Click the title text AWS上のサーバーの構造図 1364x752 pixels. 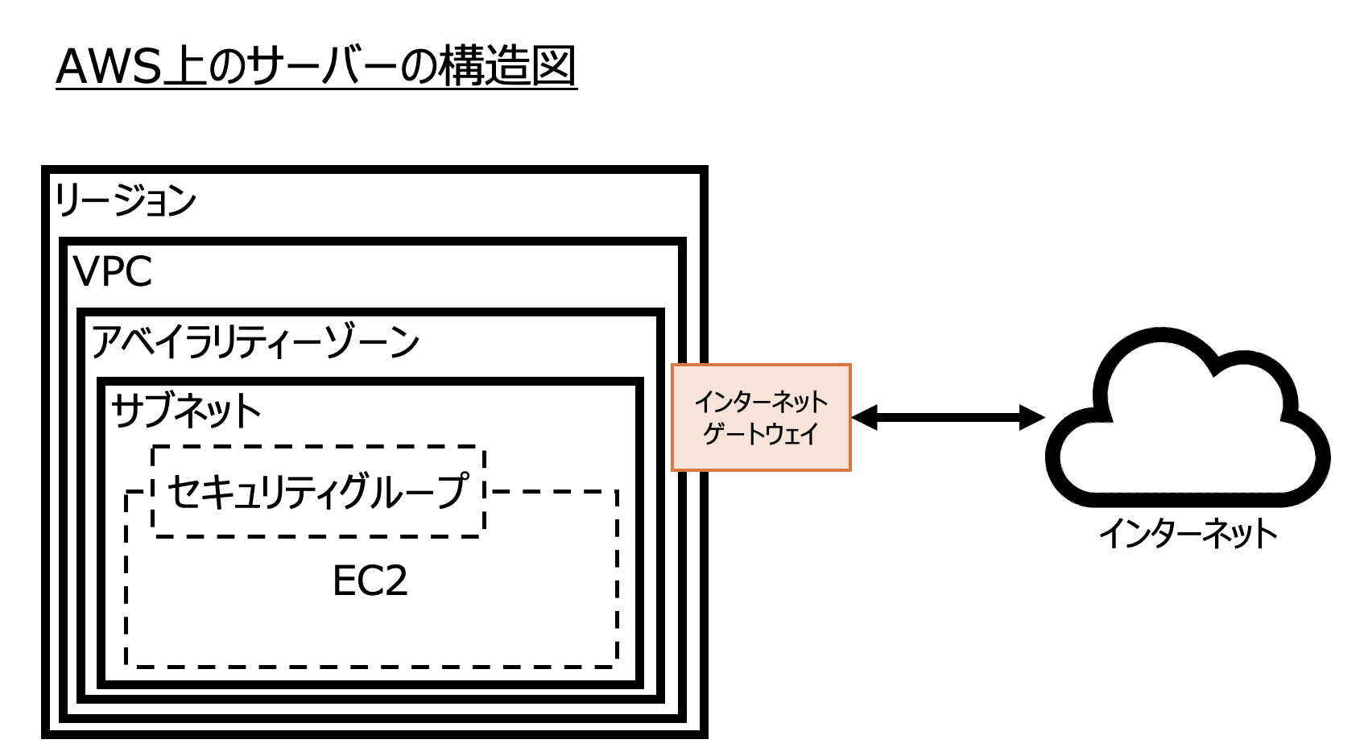tap(316, 67)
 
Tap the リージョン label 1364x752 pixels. tap(126, 200)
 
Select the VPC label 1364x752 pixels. tap(113, 271)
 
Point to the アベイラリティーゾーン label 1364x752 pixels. tap(254, 341)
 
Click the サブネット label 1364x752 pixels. tap(186, 411)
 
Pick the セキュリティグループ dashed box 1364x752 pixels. tap(318, 490)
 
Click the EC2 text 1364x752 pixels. tap(370, 581)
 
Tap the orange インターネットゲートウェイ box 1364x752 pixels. tap(761, 417)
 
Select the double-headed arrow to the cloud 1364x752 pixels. tap(948, 417)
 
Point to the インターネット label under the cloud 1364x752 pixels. tap(1188, 533)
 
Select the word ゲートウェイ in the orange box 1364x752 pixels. tap(761, 434)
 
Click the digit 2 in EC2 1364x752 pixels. tap(395, 581)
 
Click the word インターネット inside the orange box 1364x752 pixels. tap(761, 401)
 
